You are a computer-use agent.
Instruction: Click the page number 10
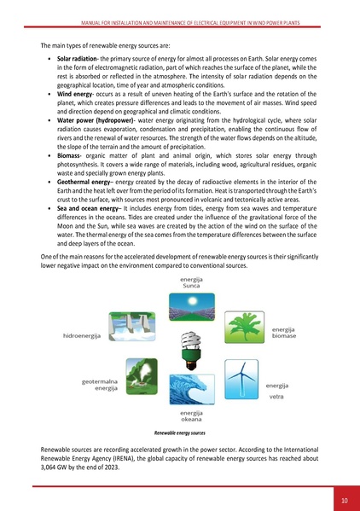(343, 499)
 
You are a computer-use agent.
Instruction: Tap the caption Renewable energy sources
(180, 433)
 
